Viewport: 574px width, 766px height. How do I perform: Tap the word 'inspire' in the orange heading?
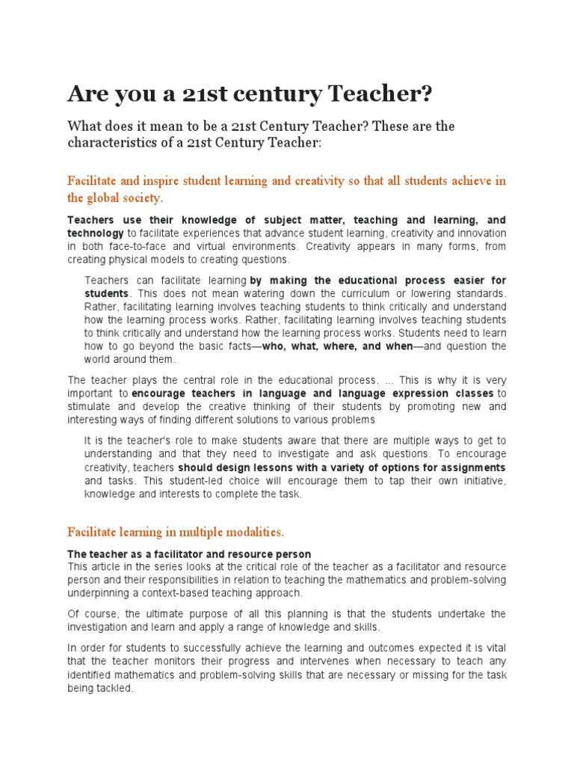(165, 180)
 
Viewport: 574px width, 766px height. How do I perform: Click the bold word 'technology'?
(98, 233)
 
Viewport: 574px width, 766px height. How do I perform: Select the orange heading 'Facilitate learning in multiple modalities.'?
(176, 532)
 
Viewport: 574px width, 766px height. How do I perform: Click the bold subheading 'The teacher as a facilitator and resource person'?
(189, 554)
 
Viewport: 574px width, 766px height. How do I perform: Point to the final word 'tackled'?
(115, 690)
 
